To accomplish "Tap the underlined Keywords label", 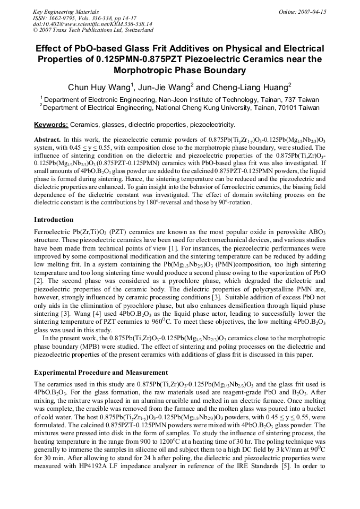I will pyautogui.click(x=51, y=125).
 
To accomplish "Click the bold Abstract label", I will pyautogui.click(x=47, y=138).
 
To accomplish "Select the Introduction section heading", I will pyautogui.click(x=54, y=219).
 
